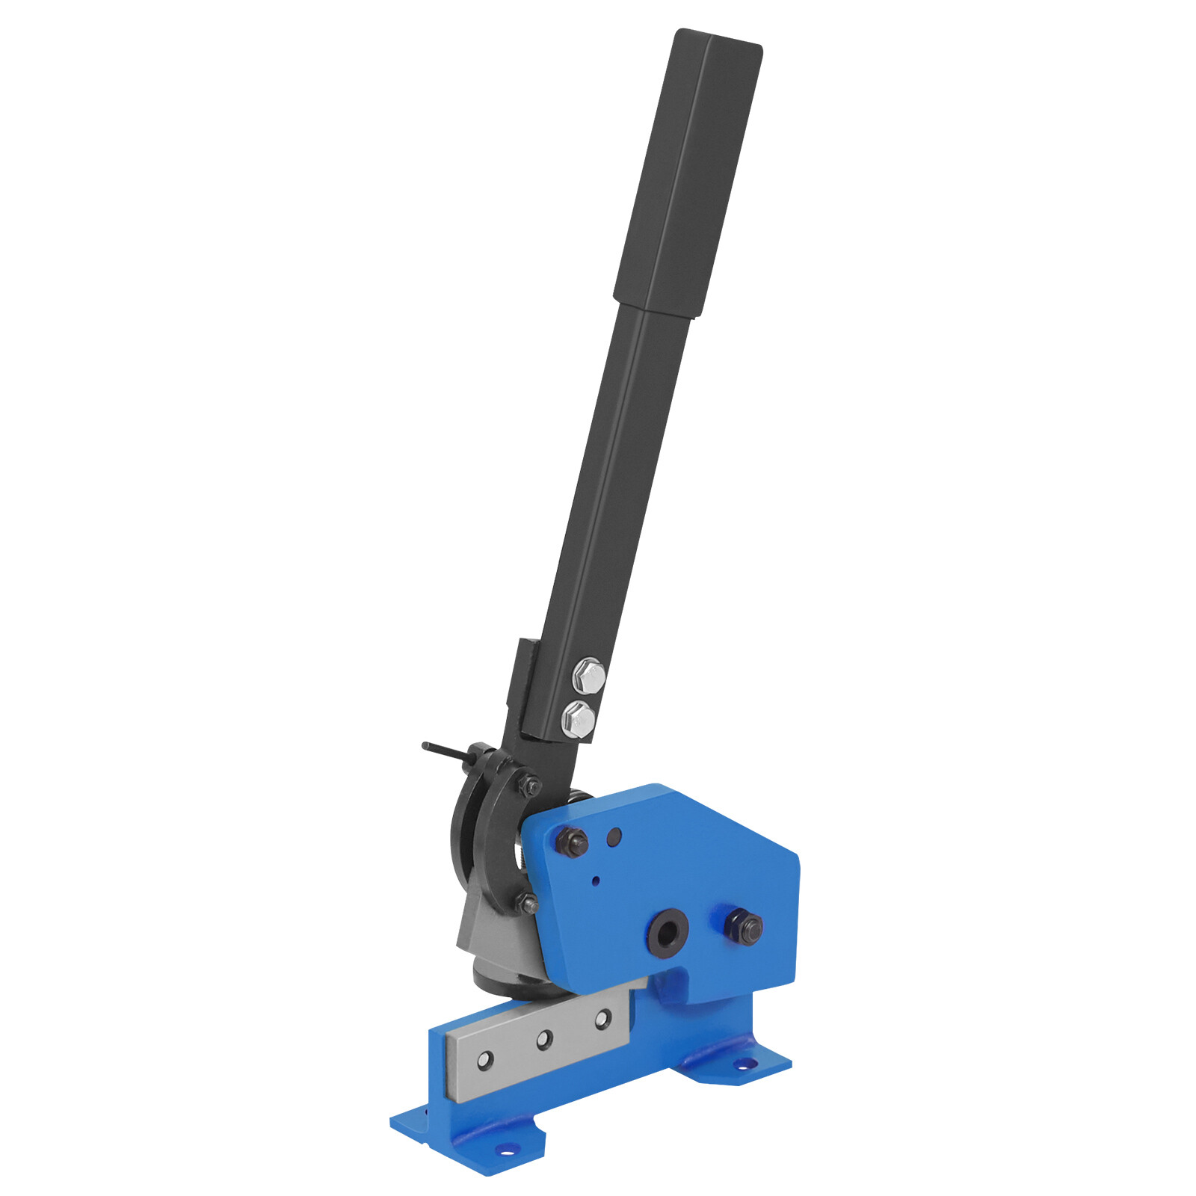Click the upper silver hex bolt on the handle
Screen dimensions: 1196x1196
click(589, 676)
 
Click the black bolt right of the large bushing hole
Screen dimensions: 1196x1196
click(744, 927)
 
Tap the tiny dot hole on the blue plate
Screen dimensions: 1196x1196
click(596, 881)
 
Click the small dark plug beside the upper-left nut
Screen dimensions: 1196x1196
click(614, 836)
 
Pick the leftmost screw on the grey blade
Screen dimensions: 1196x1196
click(486, 1059)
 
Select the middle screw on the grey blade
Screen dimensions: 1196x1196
click(544, 1039)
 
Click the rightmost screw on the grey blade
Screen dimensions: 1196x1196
click(602, 1018)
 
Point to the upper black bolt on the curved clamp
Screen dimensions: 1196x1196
click(530, 785)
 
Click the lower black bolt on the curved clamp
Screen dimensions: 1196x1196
click(527, 904)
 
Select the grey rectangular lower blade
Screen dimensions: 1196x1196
click(538, 1043)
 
